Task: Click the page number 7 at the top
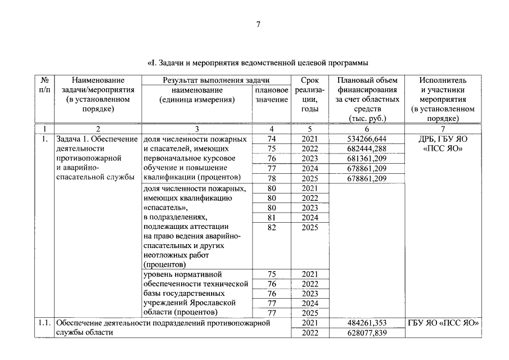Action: point(258,24)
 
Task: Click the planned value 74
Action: point(272,139)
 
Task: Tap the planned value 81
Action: point(272,218)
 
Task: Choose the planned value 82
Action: point(272,228)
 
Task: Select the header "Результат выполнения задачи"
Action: point(216,80)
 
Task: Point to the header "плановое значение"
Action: point(272,94)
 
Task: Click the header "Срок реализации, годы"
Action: point(310,94)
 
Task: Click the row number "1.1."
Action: point(44,323)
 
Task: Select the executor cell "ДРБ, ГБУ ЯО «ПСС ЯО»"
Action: point(443,144)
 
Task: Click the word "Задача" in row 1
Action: point(70,139)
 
